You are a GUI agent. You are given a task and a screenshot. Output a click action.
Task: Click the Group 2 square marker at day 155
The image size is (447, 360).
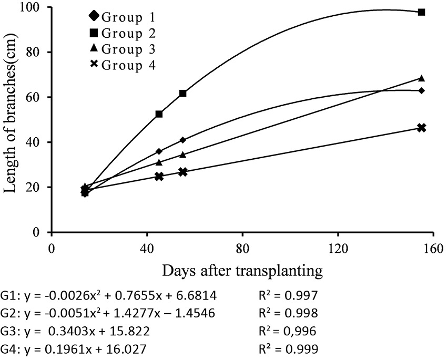tap(421, 12)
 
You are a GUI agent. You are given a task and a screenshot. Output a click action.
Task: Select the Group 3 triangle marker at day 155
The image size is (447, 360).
tap(421, 78)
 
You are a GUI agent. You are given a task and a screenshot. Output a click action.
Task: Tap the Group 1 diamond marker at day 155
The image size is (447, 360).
tap(421, 91)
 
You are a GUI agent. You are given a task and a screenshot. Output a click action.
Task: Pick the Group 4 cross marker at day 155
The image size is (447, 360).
tap(421, 128)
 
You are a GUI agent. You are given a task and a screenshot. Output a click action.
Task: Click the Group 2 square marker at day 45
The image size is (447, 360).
tap(159, 114)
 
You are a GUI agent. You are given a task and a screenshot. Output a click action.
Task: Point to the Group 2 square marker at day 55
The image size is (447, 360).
tap(182, 94)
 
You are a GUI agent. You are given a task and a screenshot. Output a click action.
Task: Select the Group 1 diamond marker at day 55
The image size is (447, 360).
tap(182, 140)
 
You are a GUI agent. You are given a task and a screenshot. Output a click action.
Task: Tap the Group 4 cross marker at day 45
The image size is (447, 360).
tap(159, 177)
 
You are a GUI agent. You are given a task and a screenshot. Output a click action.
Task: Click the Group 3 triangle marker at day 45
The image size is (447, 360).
tap(159, 162)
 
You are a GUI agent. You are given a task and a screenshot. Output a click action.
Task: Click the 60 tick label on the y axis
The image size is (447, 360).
tap(37, 97)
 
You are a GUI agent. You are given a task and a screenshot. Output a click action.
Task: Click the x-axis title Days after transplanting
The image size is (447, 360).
tap(242, 271)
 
